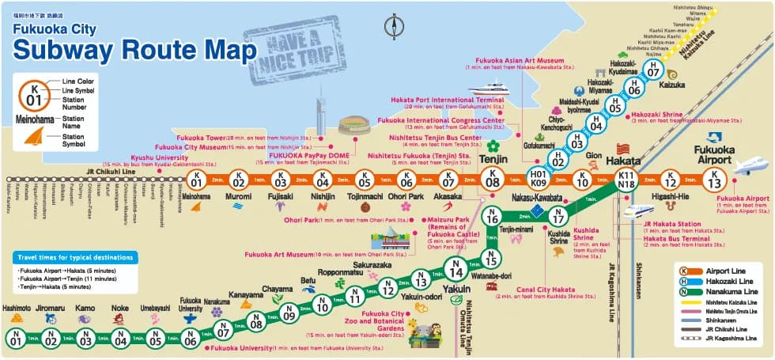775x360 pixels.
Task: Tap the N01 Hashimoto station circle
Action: [17, 339]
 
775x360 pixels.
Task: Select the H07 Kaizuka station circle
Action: [652, 70]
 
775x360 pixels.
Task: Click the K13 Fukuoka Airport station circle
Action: [716, 180]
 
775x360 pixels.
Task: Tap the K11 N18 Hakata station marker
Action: [627, 180]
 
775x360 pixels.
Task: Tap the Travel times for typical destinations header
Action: [75, 257]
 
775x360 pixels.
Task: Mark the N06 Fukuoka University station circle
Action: [190, 339]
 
